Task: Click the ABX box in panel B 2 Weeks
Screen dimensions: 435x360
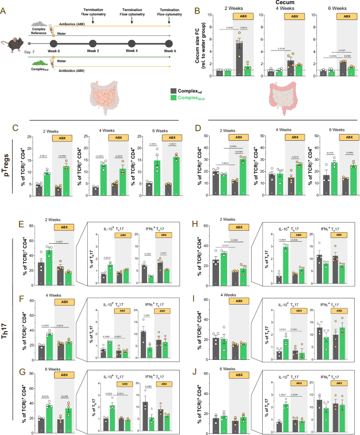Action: point(244,16)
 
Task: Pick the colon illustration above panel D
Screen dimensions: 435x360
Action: point(284,93)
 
